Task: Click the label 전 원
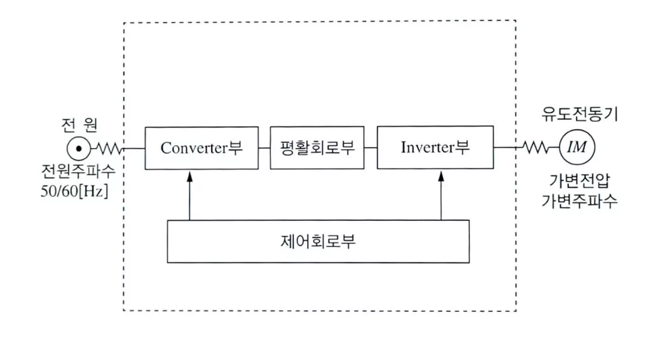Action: [79, 125]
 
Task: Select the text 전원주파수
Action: [78, 171]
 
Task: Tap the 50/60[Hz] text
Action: [74, 191]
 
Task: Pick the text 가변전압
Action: [579, 181]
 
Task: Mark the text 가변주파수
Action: [579, 201]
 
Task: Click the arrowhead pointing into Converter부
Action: [189, 176]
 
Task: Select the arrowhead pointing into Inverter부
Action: [441, 176]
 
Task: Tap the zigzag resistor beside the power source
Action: [109, 148]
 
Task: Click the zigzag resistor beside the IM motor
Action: [535, 148]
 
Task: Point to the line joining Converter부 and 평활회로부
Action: [264, 148]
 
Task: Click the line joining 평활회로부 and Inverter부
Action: [371, 148]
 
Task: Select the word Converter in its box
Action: [194, 148]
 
